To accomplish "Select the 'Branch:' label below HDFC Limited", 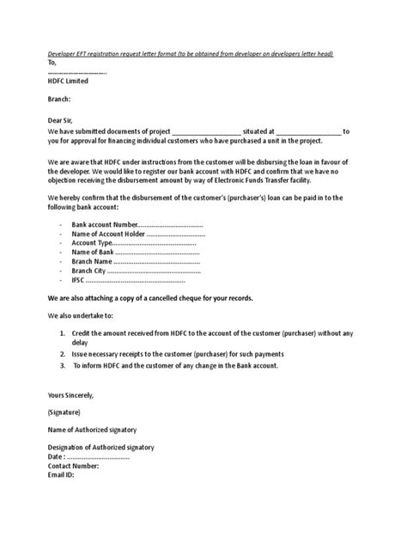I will [x=61, y=100].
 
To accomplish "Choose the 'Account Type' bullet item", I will [x=134, y=245].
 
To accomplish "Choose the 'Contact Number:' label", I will [x=73, y=466].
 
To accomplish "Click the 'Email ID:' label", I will [x=61, y=474].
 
